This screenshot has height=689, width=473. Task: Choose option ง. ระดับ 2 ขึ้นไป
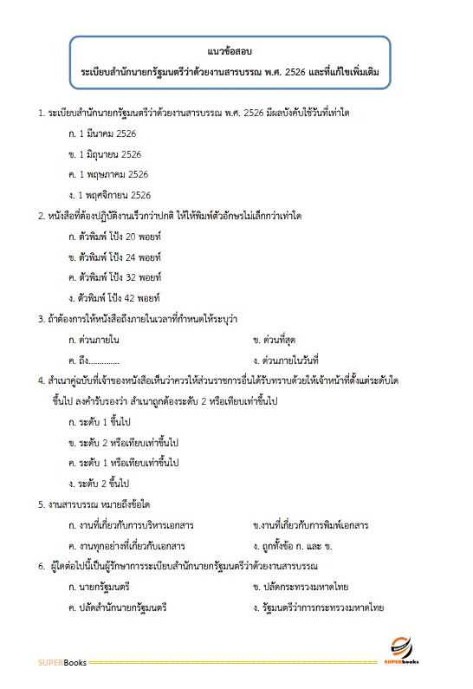tap(99, 483)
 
